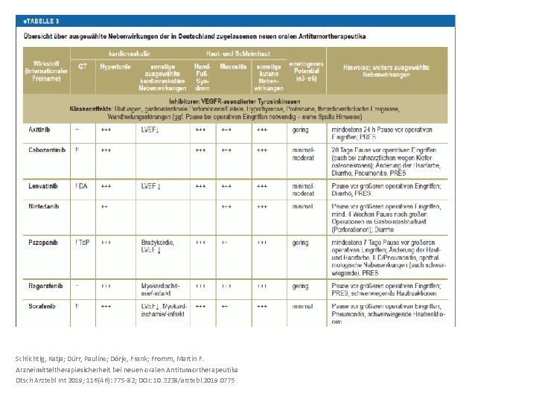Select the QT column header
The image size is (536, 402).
(x=83, y=66)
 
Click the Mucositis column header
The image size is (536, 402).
(x=233, y=66)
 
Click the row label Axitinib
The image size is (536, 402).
(x=40, y=129)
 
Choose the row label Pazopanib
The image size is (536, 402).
(x=43, y=243)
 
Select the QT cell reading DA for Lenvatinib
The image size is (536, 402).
(x=82, y=185)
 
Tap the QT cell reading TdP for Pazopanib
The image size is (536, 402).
(x=83, y=243)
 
